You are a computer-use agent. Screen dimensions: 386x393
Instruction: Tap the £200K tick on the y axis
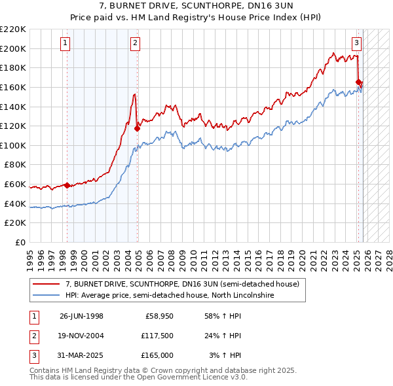click(x=13, y=48)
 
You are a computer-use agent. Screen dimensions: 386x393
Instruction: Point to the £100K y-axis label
click(x=13, y=145)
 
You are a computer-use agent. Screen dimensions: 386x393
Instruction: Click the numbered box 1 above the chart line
click(x=66, y=44)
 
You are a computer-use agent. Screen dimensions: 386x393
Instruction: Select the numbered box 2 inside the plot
click(x=135, y=44)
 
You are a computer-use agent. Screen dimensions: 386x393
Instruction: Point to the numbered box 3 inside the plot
click(x=356, y=44)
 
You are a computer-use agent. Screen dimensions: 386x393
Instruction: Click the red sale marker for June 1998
click(x=67, y=185)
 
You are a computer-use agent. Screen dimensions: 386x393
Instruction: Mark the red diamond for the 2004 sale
click(x=137, y=128)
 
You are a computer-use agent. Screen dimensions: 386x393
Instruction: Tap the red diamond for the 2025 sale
click(x=358, y=82)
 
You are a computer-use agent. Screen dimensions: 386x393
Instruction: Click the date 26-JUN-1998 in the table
click(x=81, y=316)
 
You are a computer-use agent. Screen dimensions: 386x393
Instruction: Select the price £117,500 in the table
click(x=157, y=336)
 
